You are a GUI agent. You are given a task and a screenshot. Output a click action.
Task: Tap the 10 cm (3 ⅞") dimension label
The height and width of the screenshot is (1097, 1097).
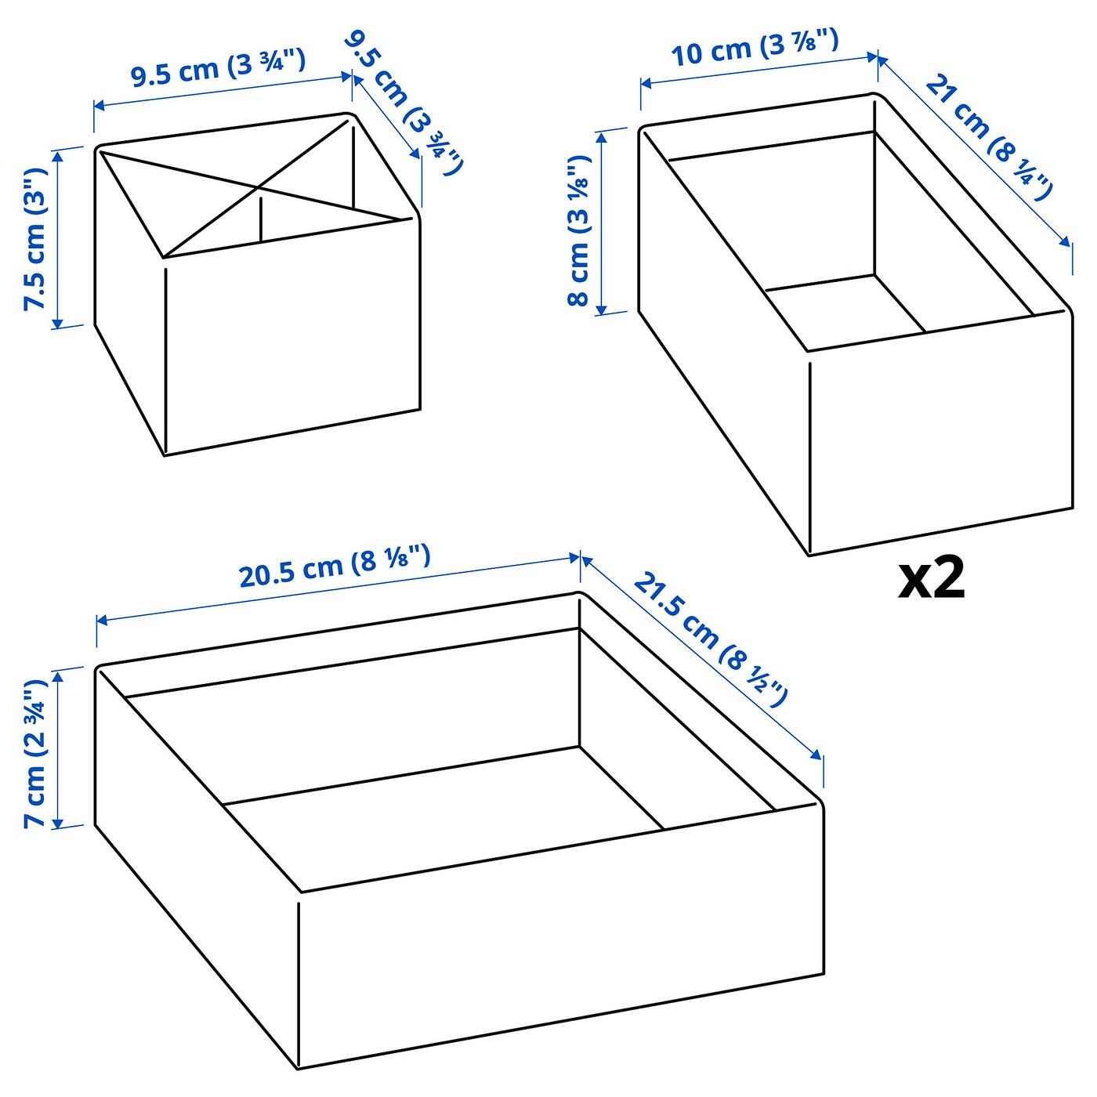pos(755,49)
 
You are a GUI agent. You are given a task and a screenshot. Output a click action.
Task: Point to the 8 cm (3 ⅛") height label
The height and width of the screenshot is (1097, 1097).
pos(579,230)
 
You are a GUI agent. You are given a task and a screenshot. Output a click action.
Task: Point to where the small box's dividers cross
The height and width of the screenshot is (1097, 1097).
pos(260,187)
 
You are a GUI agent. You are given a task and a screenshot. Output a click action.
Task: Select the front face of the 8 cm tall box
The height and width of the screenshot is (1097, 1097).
pos(941,432)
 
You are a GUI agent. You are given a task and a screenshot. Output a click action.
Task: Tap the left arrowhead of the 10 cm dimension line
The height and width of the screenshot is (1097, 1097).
pos(646,84)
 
